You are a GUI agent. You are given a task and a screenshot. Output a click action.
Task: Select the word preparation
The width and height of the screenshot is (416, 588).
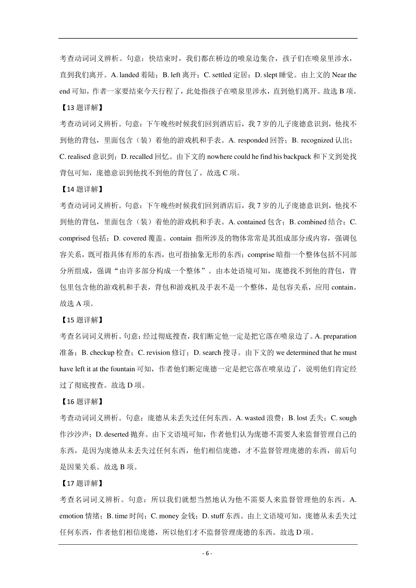point(340,336)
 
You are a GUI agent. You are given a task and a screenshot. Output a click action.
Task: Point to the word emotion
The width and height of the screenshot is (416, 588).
point(71,516)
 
